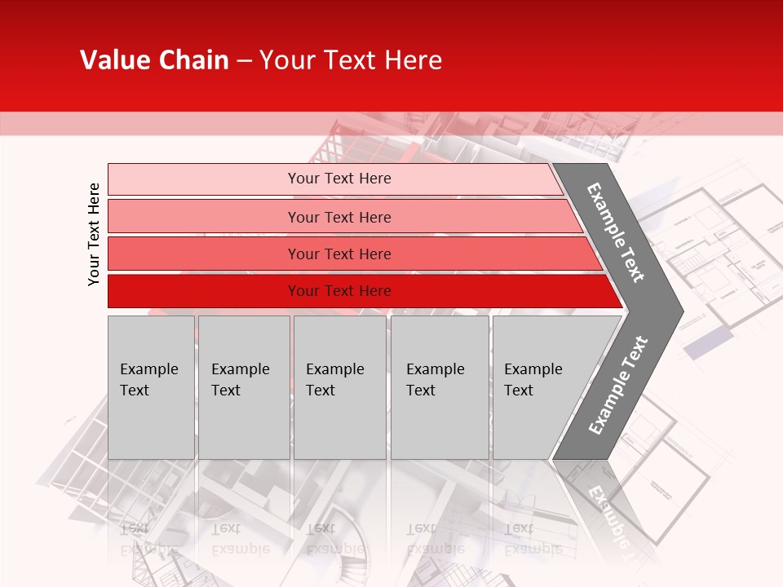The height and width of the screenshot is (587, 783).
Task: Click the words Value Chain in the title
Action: [x=154, y=60]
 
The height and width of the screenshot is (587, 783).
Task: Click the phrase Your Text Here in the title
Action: [x=351, y=60]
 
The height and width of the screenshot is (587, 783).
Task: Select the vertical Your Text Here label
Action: [x=94, y=234]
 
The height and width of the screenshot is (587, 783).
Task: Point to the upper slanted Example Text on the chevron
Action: [x=616, y=232]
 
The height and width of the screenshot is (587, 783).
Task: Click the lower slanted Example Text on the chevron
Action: [x=618, y=385]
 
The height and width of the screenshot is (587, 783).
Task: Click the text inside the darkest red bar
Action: [x=339, y=291]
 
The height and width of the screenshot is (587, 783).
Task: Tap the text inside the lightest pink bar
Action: [x=339, y=179]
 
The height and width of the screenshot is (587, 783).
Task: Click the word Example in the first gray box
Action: [x=148, y=369]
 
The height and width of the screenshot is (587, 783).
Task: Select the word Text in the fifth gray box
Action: [x=519, y=391]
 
